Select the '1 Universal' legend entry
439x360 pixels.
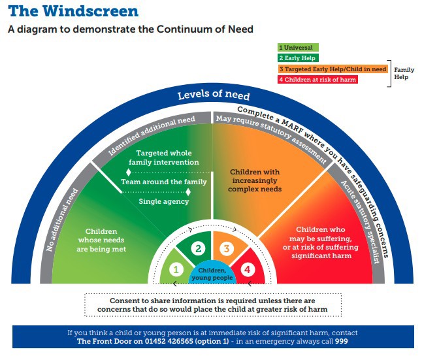coord(298,47)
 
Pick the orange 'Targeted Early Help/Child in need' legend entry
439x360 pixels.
coord(333,69)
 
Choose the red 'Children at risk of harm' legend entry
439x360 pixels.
coord(317,80)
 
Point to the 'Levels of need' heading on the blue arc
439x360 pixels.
coord(214,95)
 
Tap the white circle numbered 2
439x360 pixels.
coord(198,248)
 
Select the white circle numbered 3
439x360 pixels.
coord(227,248)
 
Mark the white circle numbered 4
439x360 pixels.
coord(248,269)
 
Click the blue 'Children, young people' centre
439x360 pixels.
coord(212,274)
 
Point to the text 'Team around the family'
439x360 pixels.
coord(164,182)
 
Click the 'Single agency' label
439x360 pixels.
coord(163,201)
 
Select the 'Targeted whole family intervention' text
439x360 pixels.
coord(164,157)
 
